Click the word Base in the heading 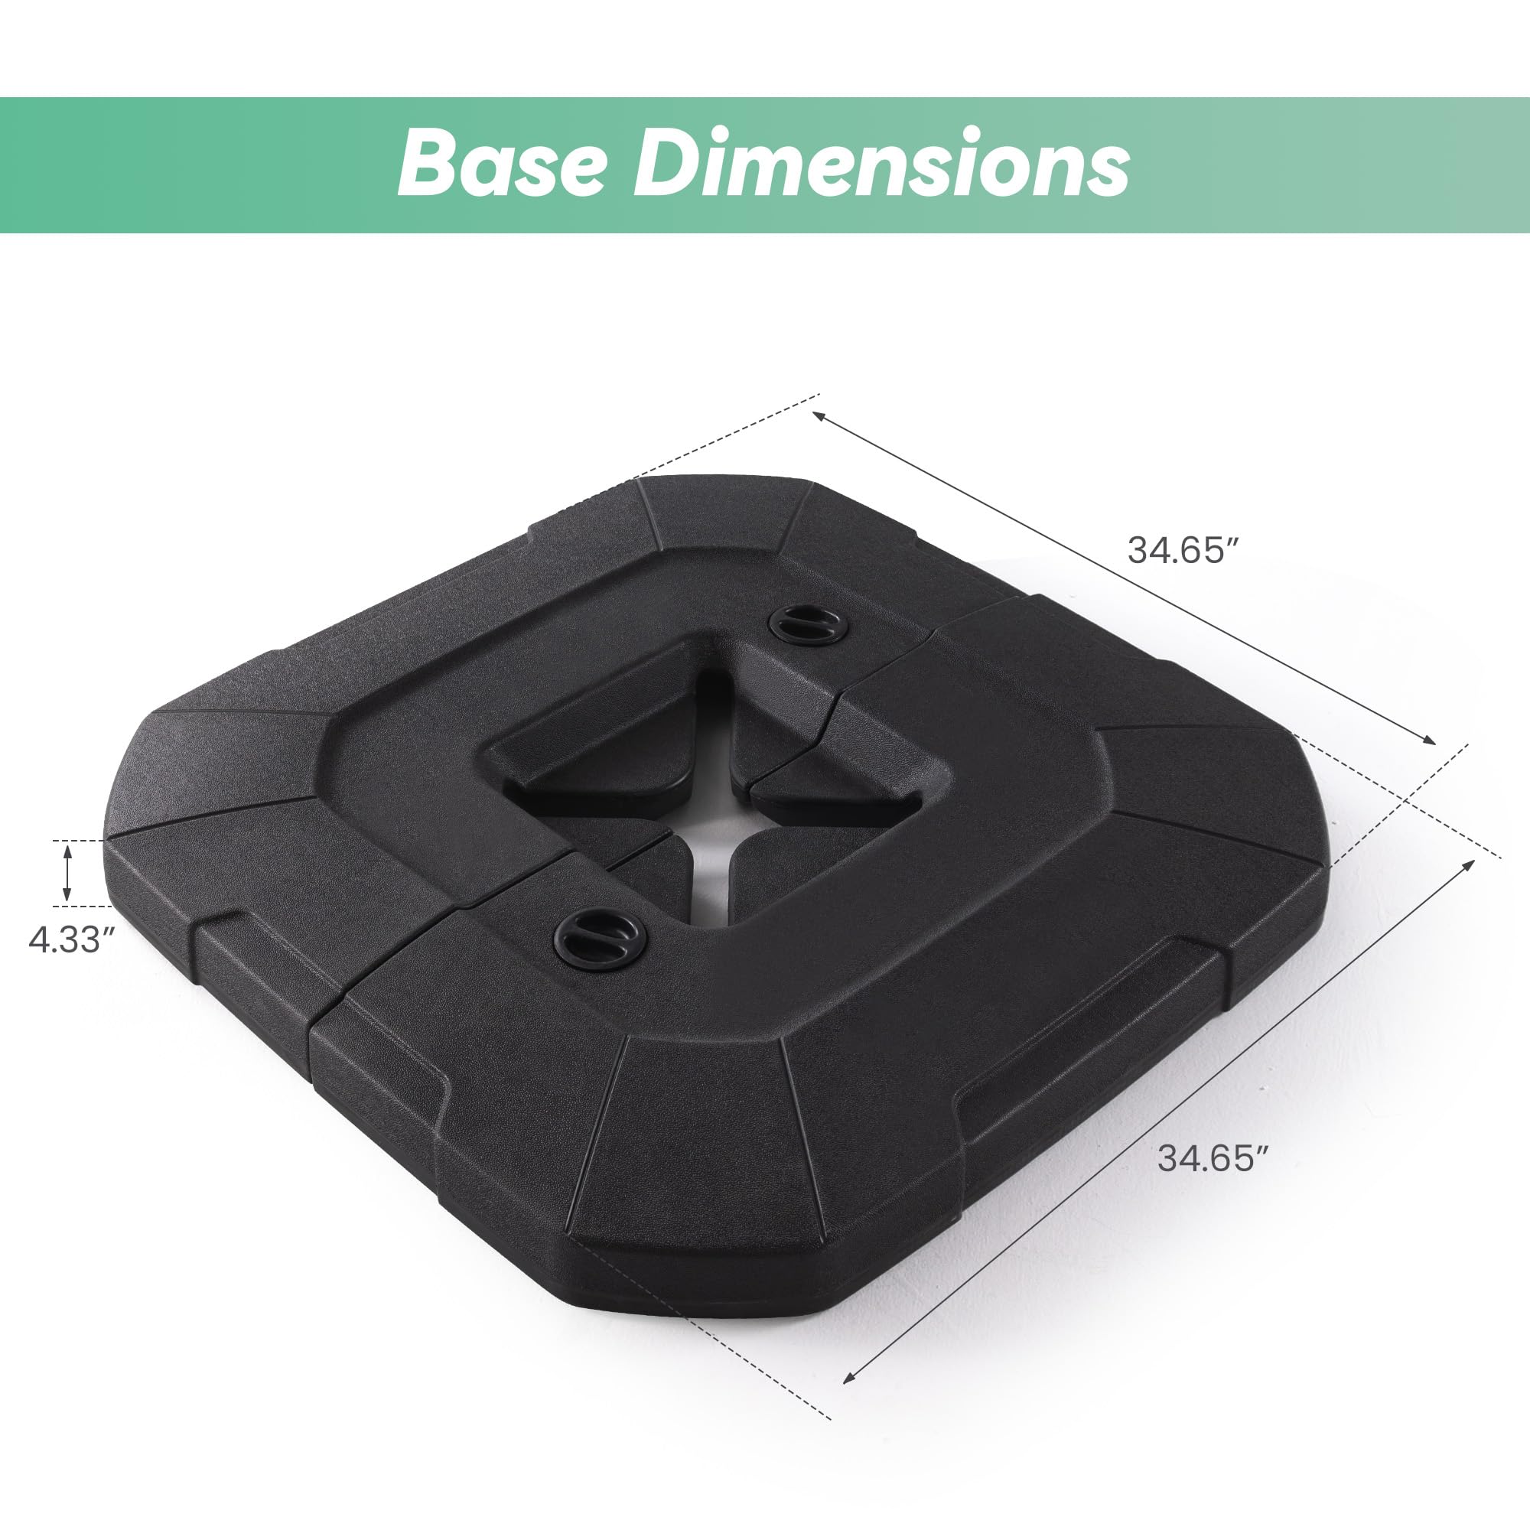502,163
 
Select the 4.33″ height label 71,940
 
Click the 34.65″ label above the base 1183,550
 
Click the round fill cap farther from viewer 809,626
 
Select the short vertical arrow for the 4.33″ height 68,873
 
